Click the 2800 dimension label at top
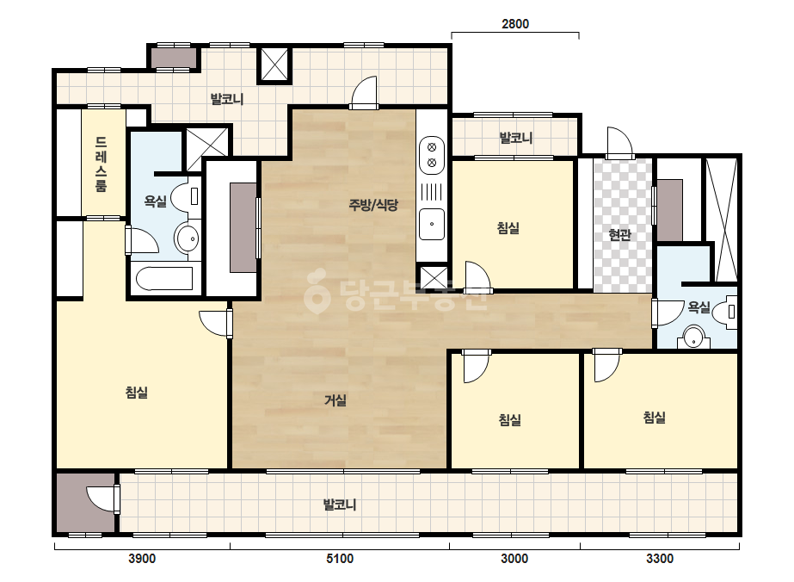point(515,24)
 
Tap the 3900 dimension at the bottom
point(142,559)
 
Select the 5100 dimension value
point(339,559)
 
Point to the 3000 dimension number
point(514,559)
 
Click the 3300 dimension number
point(660,559)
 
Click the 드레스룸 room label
point(102,164)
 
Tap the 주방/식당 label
point(373,205)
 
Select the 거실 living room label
point(335,400)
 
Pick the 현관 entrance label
point(620,235)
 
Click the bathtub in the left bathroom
point(164,278)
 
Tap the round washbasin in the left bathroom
point(187,238)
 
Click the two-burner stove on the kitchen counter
point(432,155)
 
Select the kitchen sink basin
point(432,224)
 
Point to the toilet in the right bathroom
point(725,311)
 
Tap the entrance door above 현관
point(620,141)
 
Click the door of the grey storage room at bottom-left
point(102,498)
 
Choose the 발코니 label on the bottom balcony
point(340,505)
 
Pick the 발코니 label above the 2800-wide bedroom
point(515,138)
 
